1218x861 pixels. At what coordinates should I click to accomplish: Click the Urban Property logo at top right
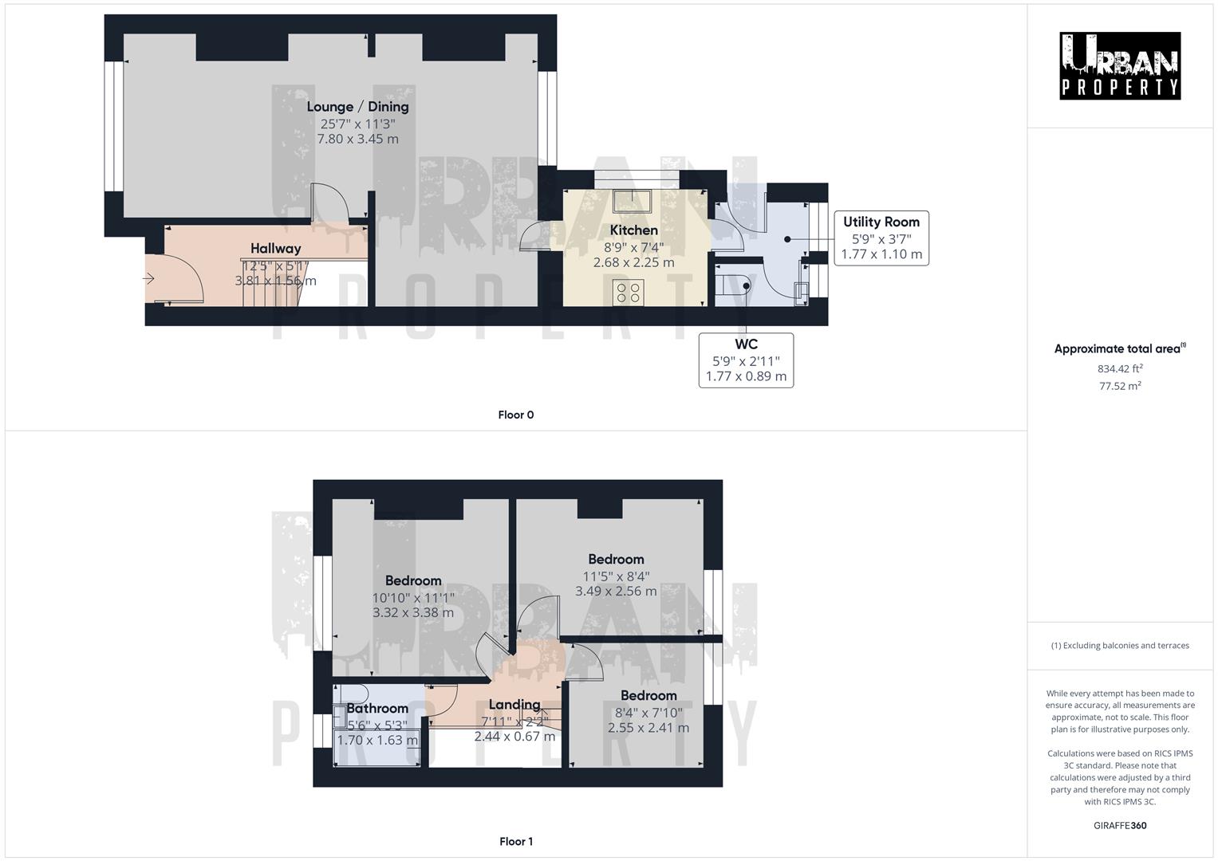click(1120, 66)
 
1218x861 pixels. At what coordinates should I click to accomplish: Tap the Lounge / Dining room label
click(357, 107)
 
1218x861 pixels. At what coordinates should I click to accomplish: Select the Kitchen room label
click(633, 230)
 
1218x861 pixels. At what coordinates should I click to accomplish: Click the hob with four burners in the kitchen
click(628, 293)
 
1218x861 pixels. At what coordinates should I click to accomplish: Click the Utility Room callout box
click(881, 238)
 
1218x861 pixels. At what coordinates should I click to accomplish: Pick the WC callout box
click(746, 360)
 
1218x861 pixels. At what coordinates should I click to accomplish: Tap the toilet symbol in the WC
click(732, 285)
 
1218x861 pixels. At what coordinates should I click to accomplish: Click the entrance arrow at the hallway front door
click(149, 278)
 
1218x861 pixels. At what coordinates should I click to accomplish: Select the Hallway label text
click(275, 249)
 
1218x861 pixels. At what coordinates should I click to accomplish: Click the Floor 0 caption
click(515, 415)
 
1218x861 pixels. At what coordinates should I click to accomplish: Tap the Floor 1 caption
click(515, 841)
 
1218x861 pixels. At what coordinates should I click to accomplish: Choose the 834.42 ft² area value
click(1119, 368)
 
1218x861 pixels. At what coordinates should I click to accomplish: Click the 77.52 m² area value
click(1119, 386)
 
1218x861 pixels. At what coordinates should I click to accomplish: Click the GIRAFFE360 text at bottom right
click(1119, 825)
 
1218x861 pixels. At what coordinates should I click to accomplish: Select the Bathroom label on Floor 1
click(377, 709)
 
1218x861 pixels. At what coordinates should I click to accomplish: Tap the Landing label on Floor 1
click(514, 705)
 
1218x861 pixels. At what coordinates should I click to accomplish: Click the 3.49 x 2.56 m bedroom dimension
click(616, 592)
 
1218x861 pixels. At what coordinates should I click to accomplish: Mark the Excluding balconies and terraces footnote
click(1119, 646)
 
